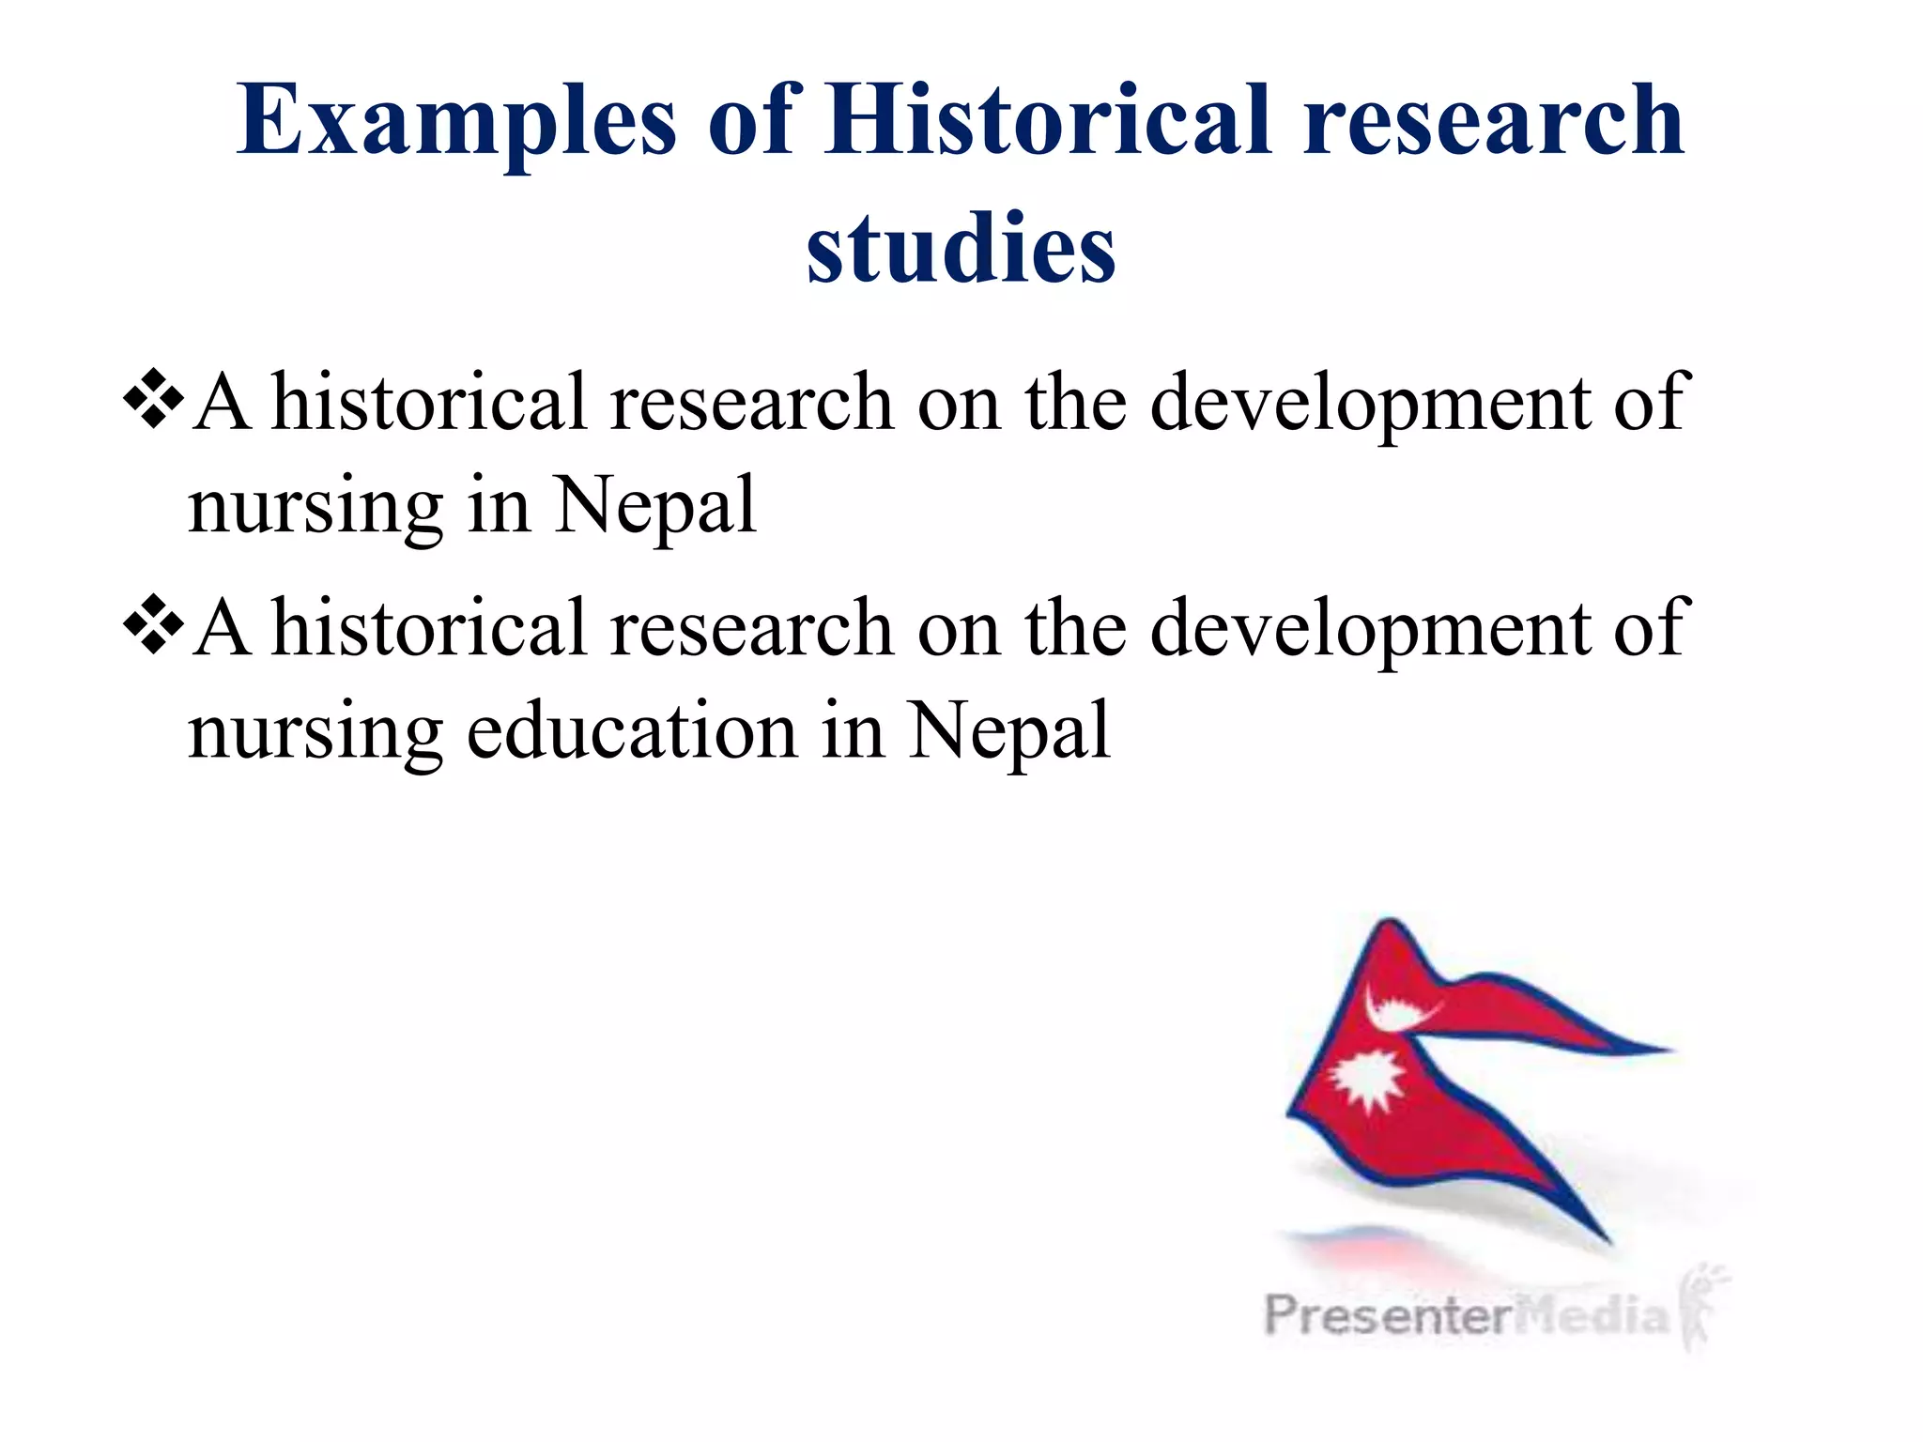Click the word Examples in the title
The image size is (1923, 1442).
456,122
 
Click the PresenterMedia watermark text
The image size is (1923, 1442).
1465,1314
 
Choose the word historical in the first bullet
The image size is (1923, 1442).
428,402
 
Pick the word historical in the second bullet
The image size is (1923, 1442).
428,628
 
